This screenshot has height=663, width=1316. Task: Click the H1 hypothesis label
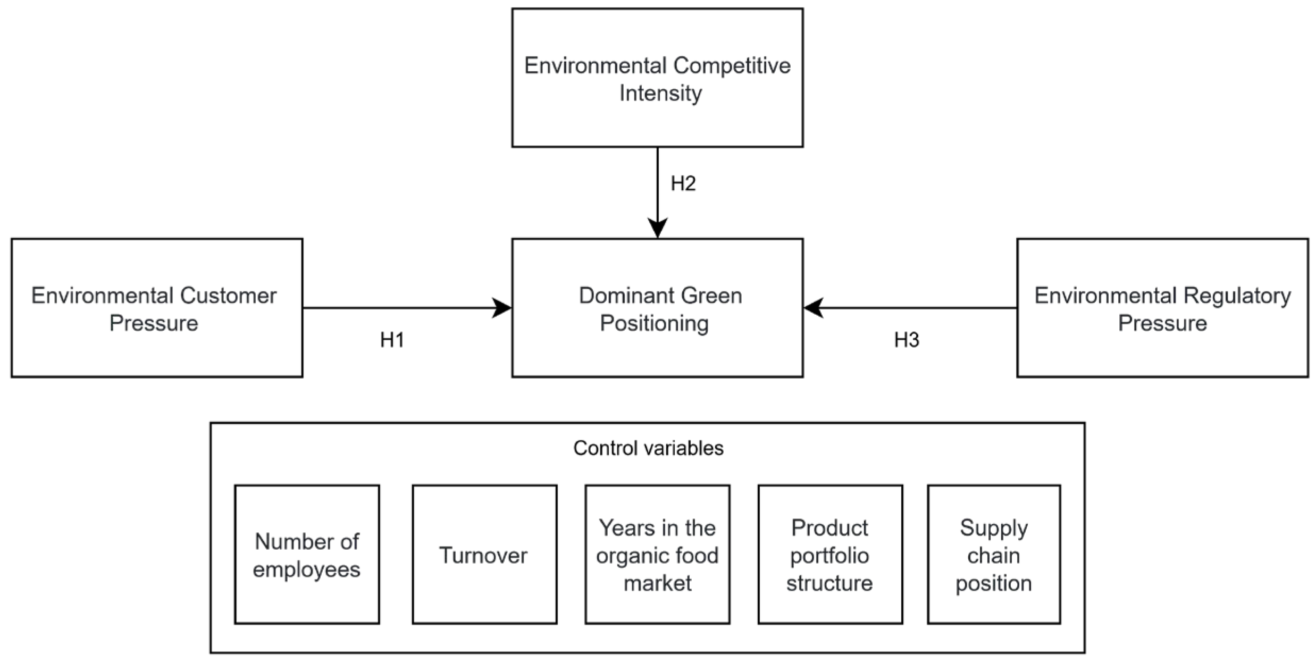tap(392, 340)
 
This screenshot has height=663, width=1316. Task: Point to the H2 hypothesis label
tap(683, 183)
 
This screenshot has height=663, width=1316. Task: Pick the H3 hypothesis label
tap(906, 340)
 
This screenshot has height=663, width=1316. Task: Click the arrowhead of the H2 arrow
tap(658, 228)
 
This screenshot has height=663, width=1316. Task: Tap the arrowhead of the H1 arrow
tap(501, 308)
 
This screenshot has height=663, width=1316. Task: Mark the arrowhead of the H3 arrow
tap(814, 308)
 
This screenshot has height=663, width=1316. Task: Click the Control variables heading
tap(648, 448)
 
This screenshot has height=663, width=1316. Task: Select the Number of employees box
tap(307, 555)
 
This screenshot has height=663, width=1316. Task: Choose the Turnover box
tap(484, 555)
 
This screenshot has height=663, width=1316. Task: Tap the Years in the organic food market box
tap(657, 555)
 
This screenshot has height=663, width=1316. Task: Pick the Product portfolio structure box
tap(829, 555)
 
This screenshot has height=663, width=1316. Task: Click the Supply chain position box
tap(993, 555)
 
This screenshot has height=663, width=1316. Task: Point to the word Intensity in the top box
tap(660, 93)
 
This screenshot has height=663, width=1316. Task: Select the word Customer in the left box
tap(228, 296)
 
